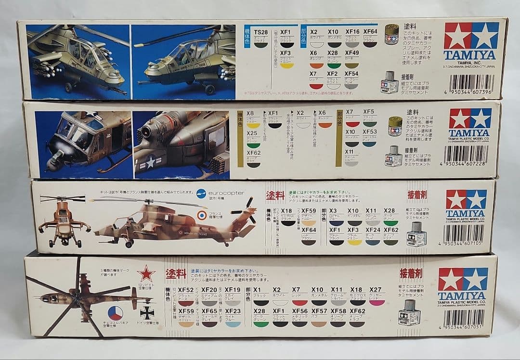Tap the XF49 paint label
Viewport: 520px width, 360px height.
pos(351,52)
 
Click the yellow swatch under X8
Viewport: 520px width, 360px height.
pos(253,125)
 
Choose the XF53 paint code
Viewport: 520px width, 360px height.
pos(370,131)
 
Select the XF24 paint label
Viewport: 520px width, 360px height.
pos(373,231)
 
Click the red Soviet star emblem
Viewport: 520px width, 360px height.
pos(146,274)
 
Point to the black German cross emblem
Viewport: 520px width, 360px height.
pos(146,313)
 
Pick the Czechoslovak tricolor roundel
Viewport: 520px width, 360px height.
pos(115,313)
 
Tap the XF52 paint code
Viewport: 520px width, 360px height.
pos(185,290)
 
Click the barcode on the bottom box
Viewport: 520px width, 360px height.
pos(463,318)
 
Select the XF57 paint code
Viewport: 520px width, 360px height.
pos(319,311)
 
